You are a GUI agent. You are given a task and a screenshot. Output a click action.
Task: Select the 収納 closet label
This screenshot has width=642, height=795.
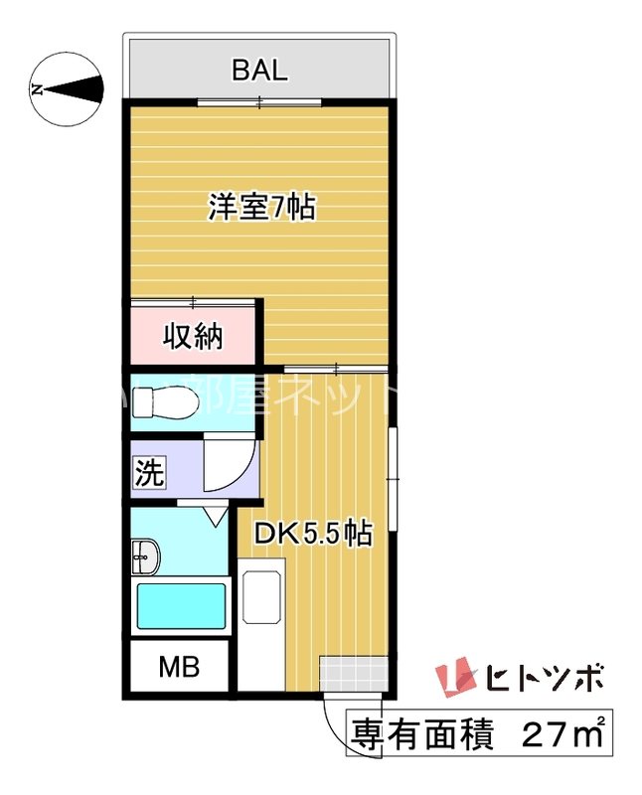(x=193, y=336)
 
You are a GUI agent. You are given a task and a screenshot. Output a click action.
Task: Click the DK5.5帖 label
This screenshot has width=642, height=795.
(x=312, y=535)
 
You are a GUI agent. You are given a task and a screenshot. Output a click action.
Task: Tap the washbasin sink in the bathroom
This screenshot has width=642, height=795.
(x=145, y=559)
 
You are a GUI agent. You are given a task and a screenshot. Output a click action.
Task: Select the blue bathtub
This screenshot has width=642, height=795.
(x=181, y=605)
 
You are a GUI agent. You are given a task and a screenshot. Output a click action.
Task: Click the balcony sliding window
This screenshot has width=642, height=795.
(x=259, y=101)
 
